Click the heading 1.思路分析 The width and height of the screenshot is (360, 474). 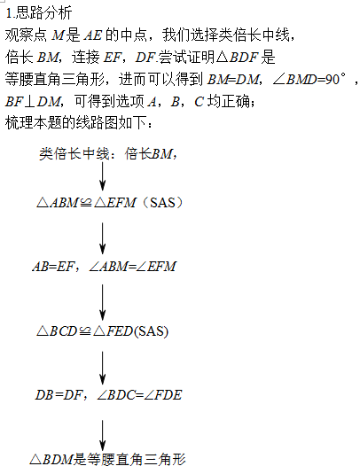[x=39, y=13]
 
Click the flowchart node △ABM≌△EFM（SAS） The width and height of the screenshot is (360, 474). [x=110, y=203]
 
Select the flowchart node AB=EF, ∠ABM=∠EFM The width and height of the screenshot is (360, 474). [x=105, y=267]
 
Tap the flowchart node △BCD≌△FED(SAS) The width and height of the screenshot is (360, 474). [x=102, y=331]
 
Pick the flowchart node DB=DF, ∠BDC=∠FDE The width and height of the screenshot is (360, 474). [x=108, y=395]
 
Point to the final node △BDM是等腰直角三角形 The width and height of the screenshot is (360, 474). [x=107, y=460]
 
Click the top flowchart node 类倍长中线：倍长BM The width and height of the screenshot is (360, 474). [x=108, y=154]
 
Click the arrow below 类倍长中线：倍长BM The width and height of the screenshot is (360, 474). [x=103, y=176]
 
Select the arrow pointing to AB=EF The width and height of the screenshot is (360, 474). [x=103, y=238]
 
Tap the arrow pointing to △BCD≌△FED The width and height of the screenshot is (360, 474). [x=103, y=302]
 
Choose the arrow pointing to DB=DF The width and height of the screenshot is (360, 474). [x=103, y=368]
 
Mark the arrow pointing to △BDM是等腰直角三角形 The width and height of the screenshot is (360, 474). [x=103, y=435]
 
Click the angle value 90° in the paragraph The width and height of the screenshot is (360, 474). [x=335, y=79]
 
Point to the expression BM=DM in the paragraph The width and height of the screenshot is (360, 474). [x=233, y=79]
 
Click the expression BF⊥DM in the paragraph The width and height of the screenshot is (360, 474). [x=33, y=102]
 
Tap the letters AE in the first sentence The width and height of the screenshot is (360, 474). [x=93, y=35]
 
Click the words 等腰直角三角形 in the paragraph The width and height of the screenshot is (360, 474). [x=55, y=79]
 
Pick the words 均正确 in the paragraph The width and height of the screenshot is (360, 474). [x=229, y=101]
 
